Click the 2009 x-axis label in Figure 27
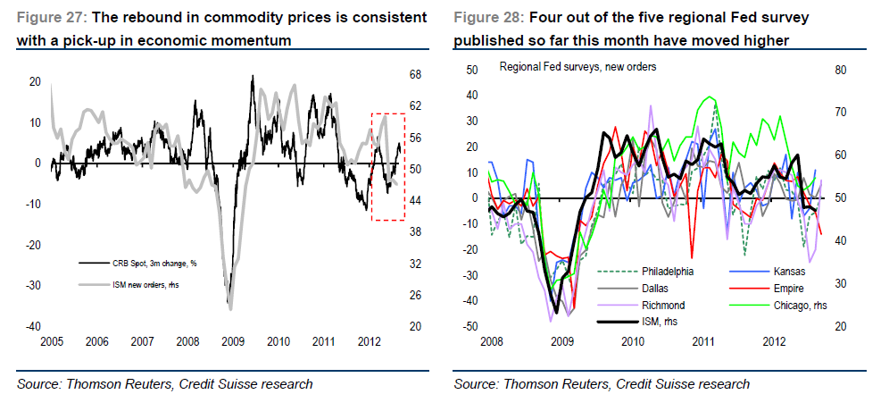233,341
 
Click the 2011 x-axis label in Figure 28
704,341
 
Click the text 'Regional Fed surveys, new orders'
577,68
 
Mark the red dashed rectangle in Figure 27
389,166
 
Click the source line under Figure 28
601,384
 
